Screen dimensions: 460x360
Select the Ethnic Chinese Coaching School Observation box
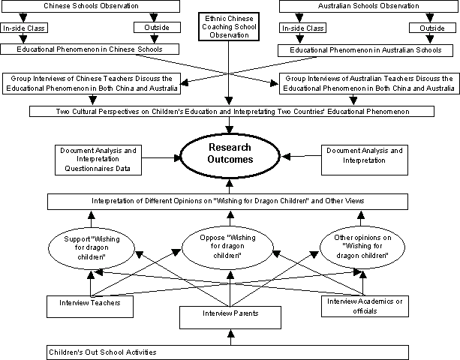229,27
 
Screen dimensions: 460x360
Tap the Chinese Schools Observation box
91,6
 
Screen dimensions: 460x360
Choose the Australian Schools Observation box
368,6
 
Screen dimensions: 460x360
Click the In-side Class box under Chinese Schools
24,28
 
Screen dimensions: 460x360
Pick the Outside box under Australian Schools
432,28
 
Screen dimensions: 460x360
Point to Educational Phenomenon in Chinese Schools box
90,49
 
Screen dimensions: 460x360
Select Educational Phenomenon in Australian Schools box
365,50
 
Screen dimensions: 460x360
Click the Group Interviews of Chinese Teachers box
92,83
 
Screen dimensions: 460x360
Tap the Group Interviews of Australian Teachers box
369,83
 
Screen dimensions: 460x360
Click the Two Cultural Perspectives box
232,112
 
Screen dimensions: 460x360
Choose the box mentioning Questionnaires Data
98,160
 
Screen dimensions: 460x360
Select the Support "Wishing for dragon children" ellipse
92,248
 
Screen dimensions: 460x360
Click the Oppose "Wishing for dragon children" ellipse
227,247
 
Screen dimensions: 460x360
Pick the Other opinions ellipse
362,247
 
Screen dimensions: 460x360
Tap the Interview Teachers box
90,307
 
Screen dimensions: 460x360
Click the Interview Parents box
230,317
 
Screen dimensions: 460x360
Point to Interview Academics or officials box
365,306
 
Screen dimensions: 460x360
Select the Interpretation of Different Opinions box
227,202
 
